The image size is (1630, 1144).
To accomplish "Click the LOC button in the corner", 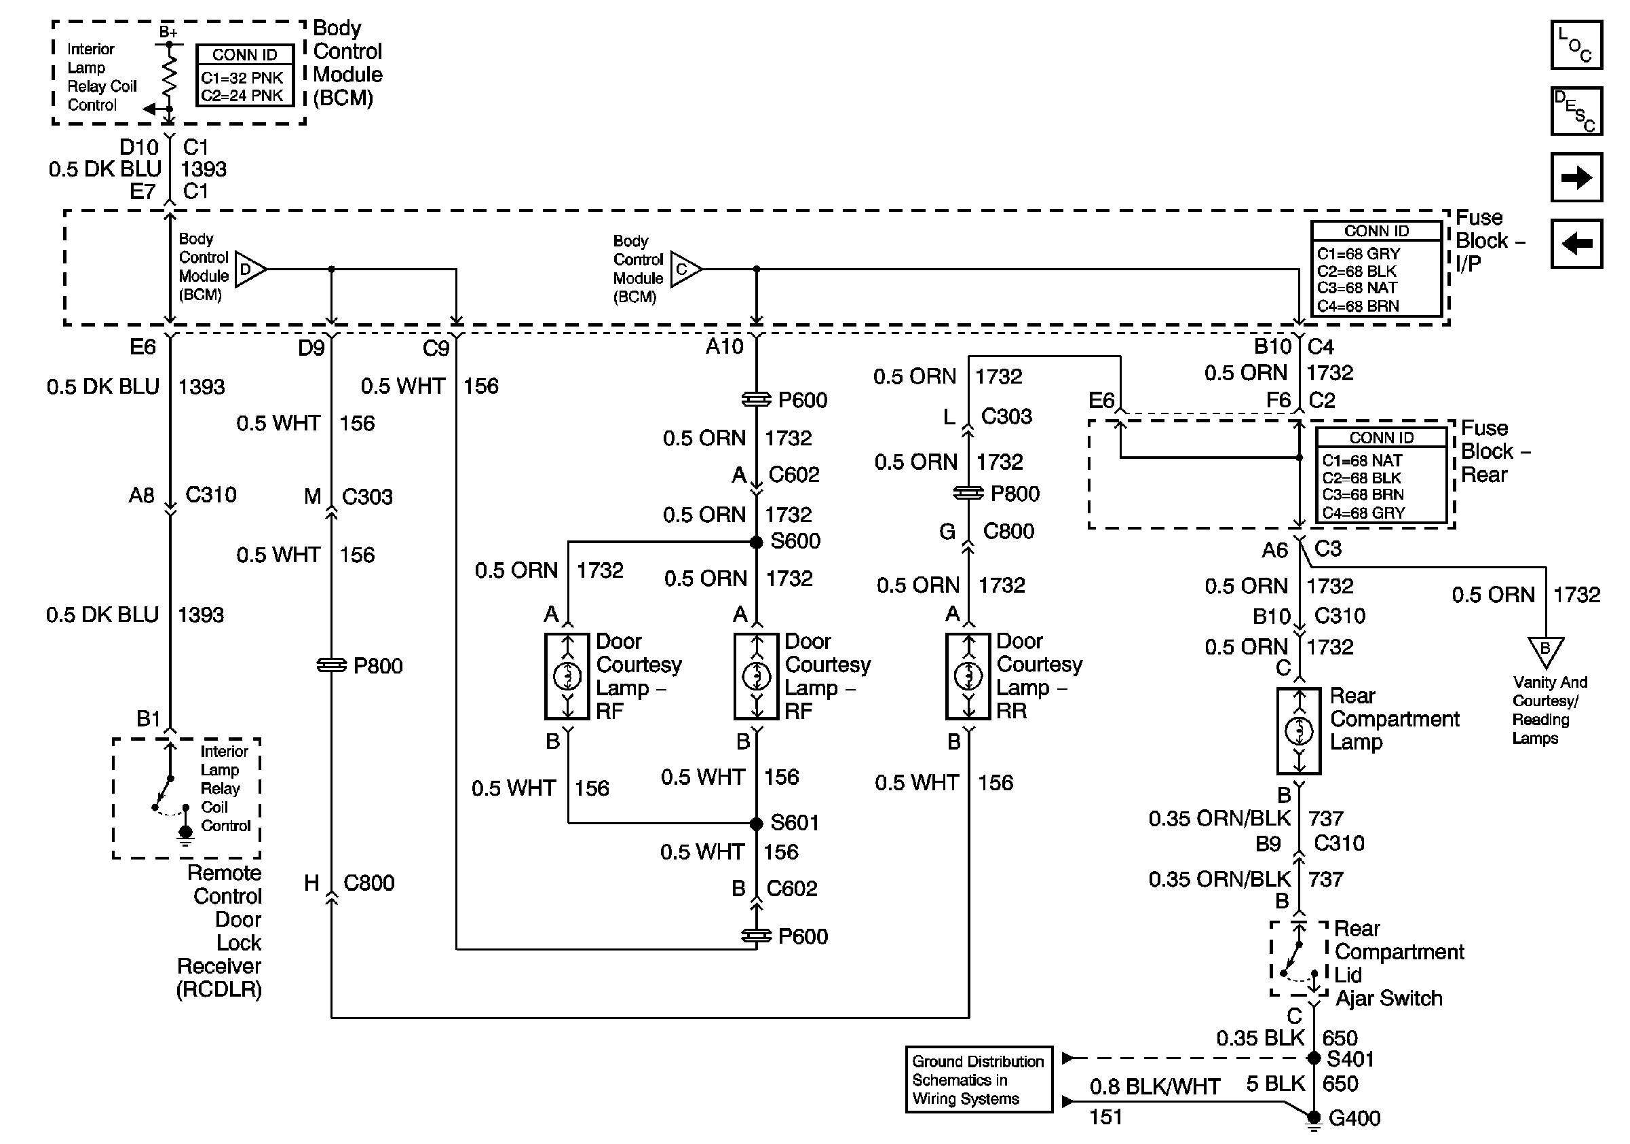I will (1576, 45).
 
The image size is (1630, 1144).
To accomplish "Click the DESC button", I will (1576, 111).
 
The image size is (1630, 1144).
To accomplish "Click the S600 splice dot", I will (756, 542).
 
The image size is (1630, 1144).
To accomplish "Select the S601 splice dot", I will (756, 824).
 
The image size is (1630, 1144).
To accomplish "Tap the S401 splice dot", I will (1313, 1058).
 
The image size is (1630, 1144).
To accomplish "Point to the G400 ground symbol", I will (1314, 1120).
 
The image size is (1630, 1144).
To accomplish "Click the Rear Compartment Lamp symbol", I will (1298, 730).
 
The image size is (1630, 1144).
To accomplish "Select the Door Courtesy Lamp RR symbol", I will (968, 676).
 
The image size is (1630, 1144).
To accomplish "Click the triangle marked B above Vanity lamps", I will (1544, 650).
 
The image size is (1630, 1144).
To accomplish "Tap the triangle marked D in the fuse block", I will (248, 269).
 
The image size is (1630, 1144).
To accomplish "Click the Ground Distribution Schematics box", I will (979, 1080).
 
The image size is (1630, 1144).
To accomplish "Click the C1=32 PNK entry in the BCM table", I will (242, 78).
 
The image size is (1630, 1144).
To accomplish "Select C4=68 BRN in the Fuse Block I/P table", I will (1358, 306).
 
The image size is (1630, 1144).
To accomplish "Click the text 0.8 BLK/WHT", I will (1155, 1086).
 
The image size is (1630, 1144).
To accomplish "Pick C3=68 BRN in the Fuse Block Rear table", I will (1363, 494).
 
